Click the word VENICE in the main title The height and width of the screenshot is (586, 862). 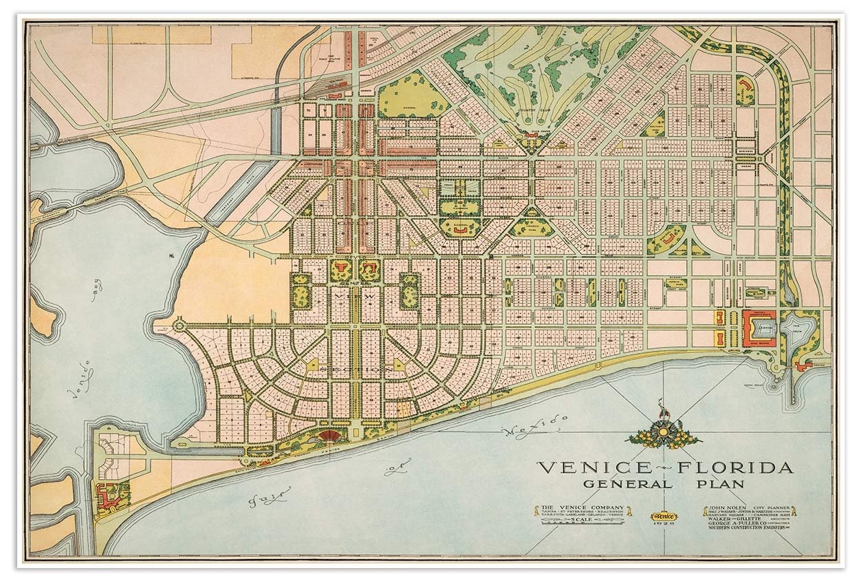tap(583, 467)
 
